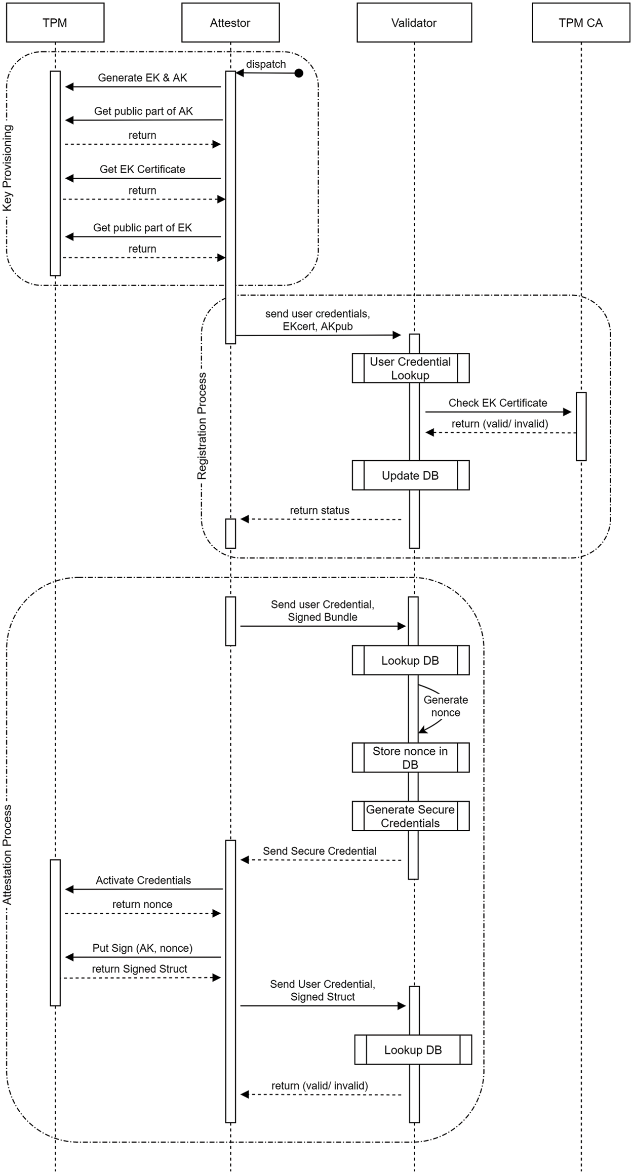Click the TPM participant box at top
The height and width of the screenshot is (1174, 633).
pyautogui.click(x=55, y=23)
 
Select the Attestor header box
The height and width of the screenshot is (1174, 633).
pyautogui.click(x=230, y=23)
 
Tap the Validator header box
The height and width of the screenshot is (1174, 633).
pyautogui.click(x=414, y=23)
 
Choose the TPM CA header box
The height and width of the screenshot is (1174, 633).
pyautogui.click(x=580, y=23)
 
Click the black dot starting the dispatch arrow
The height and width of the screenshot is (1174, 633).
pyautogui.click(x=299, y=73)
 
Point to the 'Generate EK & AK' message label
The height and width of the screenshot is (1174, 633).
pyautogui.click(x=142, y=78)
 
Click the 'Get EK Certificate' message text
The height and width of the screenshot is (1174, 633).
pyautogui.click(x=142, y=170)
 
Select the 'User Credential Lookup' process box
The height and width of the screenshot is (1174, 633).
pyautogui.click(x=410, y=368)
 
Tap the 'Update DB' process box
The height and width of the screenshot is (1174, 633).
pyautogui.click(x=410, y=475)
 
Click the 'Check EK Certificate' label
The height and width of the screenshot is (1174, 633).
pyautogui.click(x=498, y=403)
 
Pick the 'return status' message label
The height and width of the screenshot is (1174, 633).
pyautogui.click(x=320, y=510)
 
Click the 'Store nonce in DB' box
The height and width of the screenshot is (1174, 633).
pyautogui.click(x=410, y=757)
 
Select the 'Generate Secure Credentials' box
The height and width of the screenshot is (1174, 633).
pyautogui.click(x=410, y=816)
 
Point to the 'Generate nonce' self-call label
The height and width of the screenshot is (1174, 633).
pyautogui.click(x=446, y=706)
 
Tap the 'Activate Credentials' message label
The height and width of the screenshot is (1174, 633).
pyautogui.click(x=143, y=880)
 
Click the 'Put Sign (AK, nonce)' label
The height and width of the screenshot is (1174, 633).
pyautogui.click(x=142, y=948)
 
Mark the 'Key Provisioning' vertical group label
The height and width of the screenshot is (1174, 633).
pyautogui.click(x=8, y=168)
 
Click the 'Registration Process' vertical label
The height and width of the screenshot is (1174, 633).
pyautogui.click(x=202, y=426)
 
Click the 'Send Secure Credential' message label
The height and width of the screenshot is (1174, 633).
pyautogui.click(x=320, y=851)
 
